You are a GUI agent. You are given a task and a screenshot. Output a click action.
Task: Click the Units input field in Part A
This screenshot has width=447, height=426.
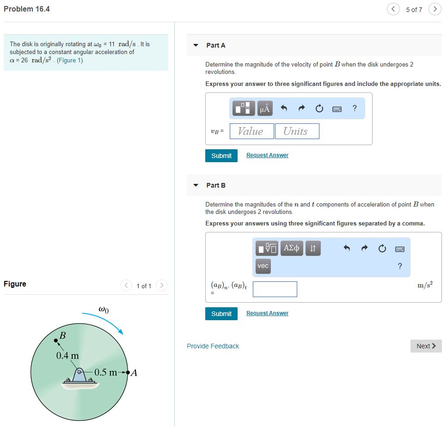[297, 131]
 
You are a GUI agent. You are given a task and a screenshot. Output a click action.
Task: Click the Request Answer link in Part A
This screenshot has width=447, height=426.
[267, 155]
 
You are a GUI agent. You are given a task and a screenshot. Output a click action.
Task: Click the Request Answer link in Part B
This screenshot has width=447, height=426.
[267, 313]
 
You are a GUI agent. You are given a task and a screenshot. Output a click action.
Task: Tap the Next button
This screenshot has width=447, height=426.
[426, 346]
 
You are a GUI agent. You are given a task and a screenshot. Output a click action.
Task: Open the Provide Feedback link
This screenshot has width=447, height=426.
[213, 346]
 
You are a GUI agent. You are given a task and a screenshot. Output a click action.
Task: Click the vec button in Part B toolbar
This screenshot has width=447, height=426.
[263, 266]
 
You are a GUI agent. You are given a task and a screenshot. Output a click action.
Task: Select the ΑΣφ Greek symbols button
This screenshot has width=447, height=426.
[292, 249]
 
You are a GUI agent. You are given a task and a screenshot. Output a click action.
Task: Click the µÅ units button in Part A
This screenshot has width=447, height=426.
[264, 109]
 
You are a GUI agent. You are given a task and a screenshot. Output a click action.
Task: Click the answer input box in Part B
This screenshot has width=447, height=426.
[275, 289]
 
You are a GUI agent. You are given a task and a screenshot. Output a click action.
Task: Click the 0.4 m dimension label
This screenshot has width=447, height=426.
[67, 356]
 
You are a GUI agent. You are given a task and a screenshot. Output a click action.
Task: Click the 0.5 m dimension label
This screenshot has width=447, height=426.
[106, 372]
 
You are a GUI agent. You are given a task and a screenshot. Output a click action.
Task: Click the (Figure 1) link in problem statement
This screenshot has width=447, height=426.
[70, 61]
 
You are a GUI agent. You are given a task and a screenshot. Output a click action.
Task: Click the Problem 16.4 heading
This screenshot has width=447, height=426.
[27, 9]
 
